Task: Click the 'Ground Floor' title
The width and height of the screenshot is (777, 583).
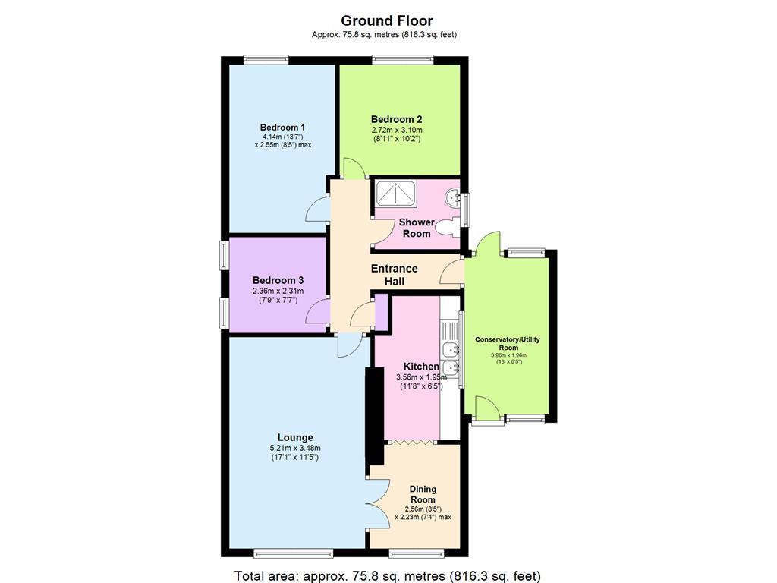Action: [387, 20]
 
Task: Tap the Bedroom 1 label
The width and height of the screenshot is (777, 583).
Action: [282, 128]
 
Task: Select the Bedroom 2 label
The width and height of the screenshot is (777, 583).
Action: [396, 119]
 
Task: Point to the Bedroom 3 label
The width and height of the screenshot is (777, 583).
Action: [278, 279]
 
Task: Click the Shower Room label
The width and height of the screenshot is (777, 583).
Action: [417, 228]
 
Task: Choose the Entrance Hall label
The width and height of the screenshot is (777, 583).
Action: [394, 275]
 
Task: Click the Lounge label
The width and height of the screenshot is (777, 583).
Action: [295, 437]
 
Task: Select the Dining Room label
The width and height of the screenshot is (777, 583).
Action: [423, 494]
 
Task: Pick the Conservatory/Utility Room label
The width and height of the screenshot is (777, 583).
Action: [507, 343]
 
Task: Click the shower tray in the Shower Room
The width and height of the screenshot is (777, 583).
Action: [394, 194]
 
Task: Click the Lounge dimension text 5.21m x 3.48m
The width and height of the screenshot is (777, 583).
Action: [295, 448]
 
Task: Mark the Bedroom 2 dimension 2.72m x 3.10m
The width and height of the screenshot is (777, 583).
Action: [396, 130]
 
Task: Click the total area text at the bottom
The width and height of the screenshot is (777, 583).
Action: [388, 575]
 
